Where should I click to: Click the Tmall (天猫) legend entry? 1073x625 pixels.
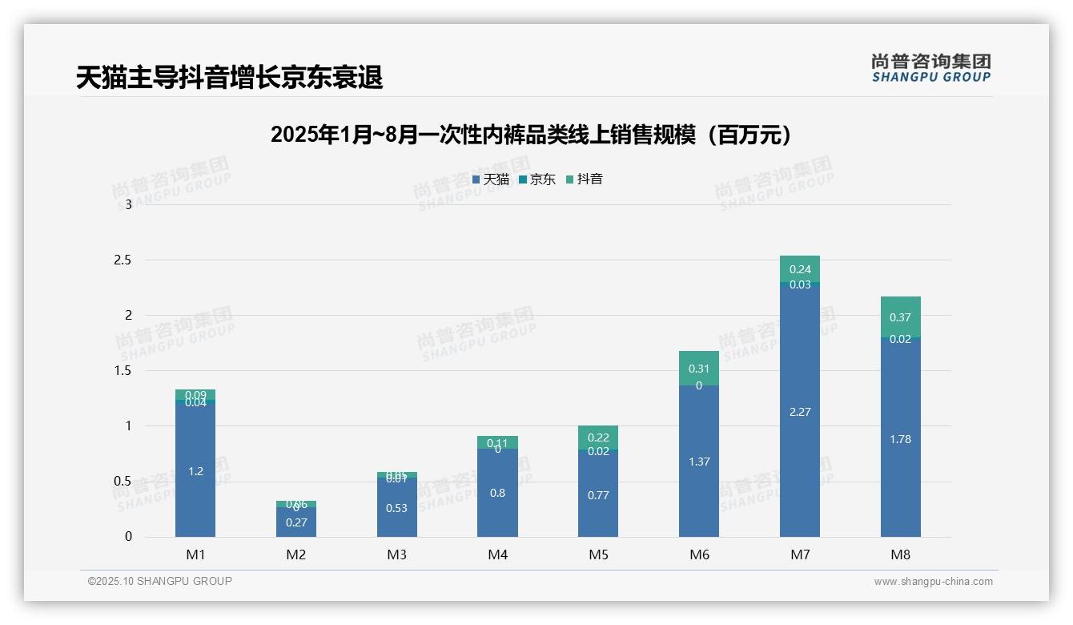coord(490,179)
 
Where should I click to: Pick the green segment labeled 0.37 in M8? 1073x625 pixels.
coord(900,316)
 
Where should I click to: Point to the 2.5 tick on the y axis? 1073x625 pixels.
coord(123,260)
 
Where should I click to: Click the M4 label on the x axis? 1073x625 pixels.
coord(497,554)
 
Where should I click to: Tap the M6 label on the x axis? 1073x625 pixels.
coord(699,554)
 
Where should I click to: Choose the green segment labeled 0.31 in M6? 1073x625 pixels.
coord(698,368)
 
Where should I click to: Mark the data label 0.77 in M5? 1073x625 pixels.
coord(598,495)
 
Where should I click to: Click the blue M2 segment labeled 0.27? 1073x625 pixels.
coord(296,522)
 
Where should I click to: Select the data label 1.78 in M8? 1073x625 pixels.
coord(900,439)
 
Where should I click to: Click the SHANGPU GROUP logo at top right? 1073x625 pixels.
coord(930,68)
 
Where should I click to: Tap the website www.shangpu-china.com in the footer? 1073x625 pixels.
coord(933,582)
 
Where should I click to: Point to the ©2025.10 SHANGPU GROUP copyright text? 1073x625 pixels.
coord(160,582)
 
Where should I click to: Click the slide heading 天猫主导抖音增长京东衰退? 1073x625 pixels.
coord(229,78)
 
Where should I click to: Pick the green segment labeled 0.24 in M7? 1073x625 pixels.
coord(799,268)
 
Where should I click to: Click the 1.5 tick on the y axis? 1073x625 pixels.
coord(123,370)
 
